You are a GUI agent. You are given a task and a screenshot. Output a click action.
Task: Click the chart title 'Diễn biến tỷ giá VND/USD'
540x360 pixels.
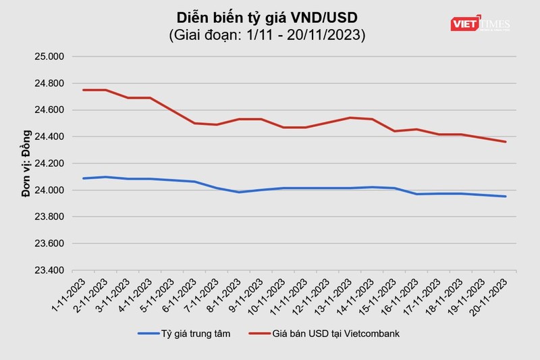click(267, 16)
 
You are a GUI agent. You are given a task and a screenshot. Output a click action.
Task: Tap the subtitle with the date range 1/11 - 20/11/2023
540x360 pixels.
click(267, 35)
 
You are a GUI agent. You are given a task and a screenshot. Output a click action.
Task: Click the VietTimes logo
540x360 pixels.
click(480, 24)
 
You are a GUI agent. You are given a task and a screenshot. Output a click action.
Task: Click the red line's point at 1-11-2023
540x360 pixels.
click(83, 90)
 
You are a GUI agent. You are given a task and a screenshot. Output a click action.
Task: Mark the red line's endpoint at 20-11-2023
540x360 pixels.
click(506, 142)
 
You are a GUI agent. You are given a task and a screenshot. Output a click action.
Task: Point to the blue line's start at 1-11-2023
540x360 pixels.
click(83, 178)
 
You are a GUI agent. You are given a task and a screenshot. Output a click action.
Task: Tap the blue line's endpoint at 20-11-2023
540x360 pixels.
click(506, 197)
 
